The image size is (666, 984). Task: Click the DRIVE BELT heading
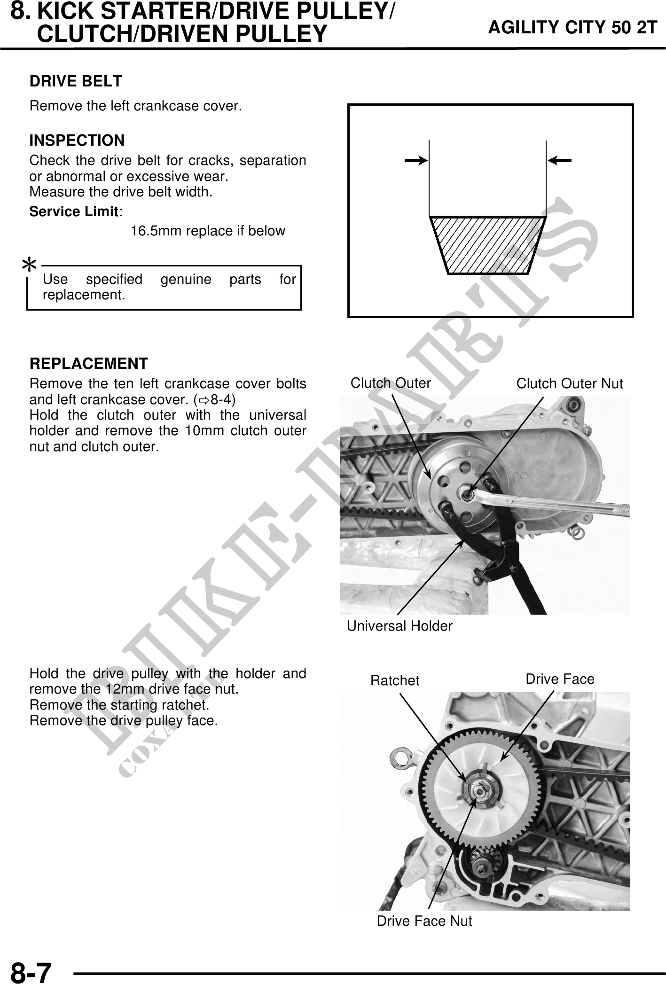tap(76, 81)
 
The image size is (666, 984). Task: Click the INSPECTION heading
tap(77, 141)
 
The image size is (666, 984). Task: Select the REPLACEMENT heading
tap(89, 363)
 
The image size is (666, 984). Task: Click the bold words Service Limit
tap(73, 212)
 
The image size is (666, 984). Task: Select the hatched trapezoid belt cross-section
tap(487, 245)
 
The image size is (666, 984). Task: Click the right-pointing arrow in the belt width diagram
tap(415, 161)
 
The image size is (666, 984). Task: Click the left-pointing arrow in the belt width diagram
tap(560, 161)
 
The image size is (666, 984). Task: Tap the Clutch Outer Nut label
tap(569, 384)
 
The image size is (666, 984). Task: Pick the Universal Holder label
tap(400, 626)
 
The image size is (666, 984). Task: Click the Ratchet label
tap(394, 680)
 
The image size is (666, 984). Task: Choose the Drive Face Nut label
tap(424, 921)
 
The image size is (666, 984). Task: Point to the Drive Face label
tap(559, 679)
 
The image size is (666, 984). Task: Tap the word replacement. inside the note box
tap(84, 296)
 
